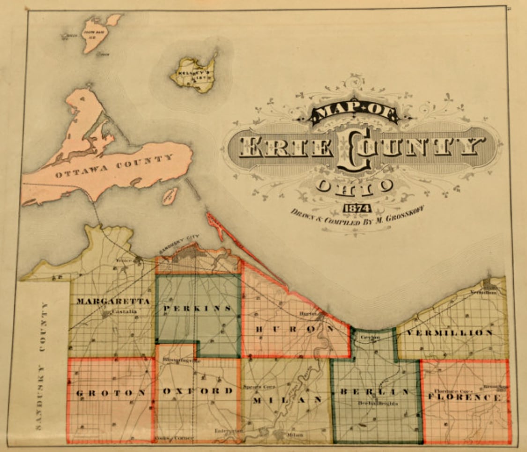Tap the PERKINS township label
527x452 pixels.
198,308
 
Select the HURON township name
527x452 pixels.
294,329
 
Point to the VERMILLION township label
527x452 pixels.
449,333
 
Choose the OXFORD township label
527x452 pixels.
198,391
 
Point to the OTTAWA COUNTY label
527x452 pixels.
114,167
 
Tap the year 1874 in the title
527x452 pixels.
356,208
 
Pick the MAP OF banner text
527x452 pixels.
354,113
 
